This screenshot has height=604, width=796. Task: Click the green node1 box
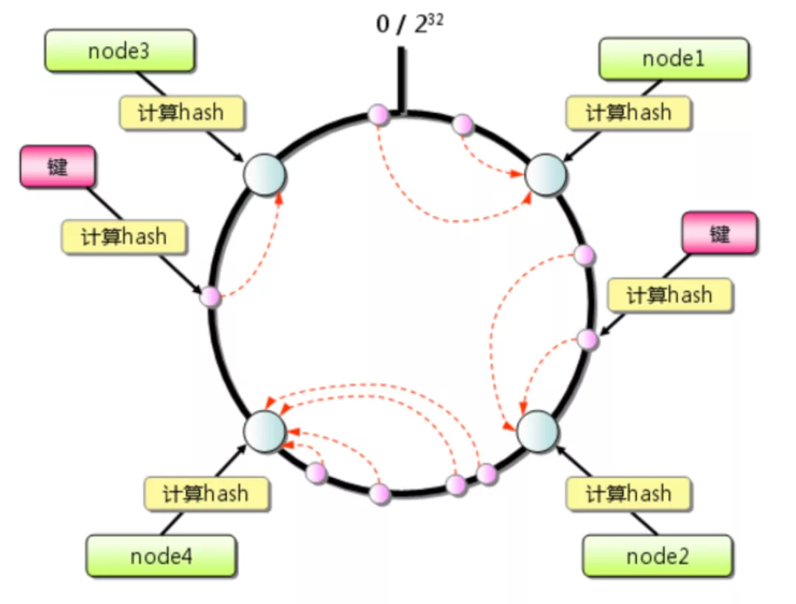click(x=674, y=59)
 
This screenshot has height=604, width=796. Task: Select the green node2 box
click(x=657, y=555)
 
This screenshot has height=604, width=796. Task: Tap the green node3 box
click(x=119, y=52)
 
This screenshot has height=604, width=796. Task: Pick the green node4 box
click(x=161, y=555)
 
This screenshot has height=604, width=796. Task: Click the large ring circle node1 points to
click(x=545, y=176)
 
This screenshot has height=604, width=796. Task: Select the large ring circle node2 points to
click(x=538, y=430)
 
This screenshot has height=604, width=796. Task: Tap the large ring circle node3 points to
click(x=265, y=176)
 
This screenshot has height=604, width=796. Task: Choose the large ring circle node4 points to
click(x=265, y=430)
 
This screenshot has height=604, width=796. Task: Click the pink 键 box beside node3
click(x=57, y=167)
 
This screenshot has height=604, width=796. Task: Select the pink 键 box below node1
click(x=719, y=233)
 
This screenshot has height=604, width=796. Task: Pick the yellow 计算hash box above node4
click(x=206, y=493)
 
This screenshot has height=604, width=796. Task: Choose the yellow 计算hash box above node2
click(x=628, y=493)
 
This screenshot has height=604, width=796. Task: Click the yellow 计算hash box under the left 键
click(x=124, y=237)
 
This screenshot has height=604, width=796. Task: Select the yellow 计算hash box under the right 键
click(x=669, y=295)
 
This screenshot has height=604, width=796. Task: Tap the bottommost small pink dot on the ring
click(x=380, y=493)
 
